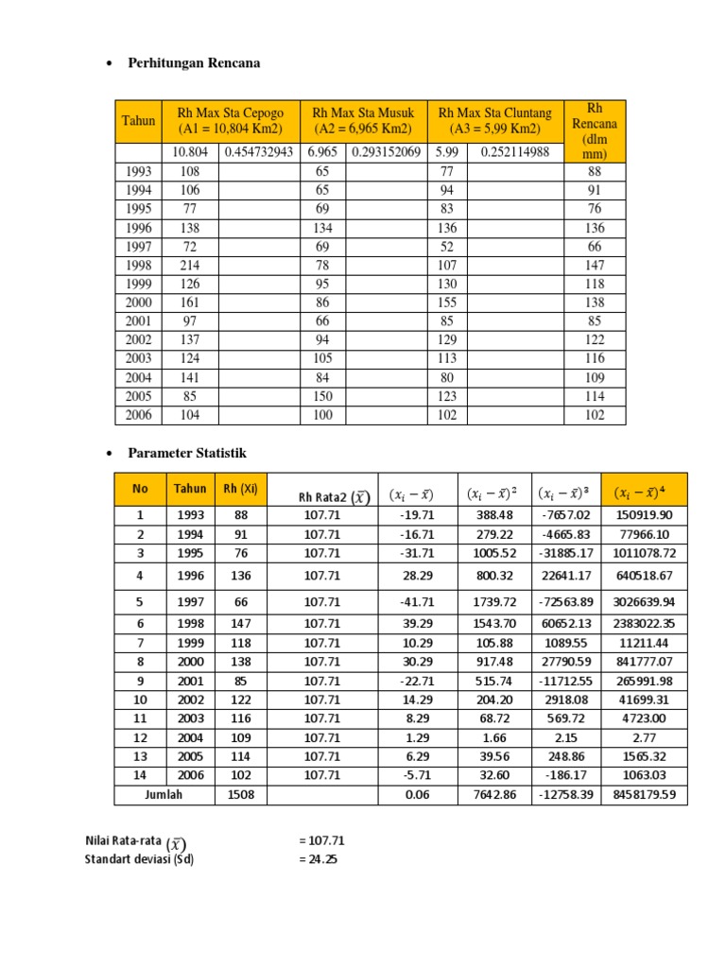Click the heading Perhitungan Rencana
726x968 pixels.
coord(193,63)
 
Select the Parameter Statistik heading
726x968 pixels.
coord(186,455)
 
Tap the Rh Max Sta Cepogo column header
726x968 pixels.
coord(230,121)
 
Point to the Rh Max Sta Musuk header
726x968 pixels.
coord(363,121)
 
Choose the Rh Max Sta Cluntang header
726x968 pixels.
coord(494,121)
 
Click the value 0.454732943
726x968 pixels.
coord(258,153)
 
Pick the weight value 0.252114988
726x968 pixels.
coord(514,153)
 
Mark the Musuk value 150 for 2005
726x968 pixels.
coord(322,397)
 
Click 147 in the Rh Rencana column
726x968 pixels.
coord(594,266)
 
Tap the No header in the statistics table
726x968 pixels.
coord(140,490)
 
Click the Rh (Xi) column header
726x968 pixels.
coord(241,490)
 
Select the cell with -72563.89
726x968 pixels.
coord(563,602)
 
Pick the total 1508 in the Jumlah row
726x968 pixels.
coord(241,795)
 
